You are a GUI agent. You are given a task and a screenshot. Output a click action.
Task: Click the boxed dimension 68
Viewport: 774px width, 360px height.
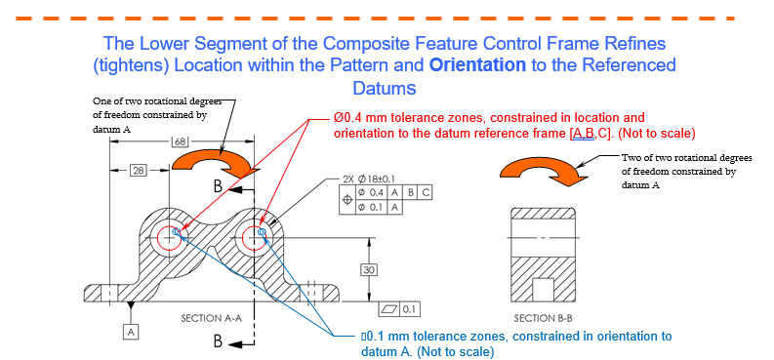[x=180, y=142]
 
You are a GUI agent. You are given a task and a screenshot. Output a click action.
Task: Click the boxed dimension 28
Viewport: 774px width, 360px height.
[x=139, y=171]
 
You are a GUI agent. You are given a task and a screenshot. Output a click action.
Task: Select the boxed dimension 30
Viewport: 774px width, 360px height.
[x=369, y=269]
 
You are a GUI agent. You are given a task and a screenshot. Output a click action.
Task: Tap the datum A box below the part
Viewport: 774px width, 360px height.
[x=131, y=333]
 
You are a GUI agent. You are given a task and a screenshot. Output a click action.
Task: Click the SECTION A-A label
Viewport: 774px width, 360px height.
[x=211, y=319]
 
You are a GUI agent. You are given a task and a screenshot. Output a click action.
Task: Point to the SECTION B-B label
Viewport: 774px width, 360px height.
[x=543, y=318]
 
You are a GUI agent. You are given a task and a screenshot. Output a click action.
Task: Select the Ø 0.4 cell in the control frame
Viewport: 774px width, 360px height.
[x=373, y=193]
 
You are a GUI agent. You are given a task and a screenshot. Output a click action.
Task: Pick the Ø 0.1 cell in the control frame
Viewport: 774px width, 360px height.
[x=373, y=207]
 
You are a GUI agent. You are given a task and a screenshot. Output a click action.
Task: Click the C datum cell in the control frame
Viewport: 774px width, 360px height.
[x=425, y=193]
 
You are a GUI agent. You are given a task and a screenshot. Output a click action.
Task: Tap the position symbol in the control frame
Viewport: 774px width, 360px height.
[x=348, y=200]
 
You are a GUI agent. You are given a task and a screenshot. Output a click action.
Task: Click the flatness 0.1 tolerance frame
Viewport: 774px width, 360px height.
[x=399, y=309]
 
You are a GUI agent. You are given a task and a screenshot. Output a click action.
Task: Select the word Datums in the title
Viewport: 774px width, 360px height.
[x=384, y=88]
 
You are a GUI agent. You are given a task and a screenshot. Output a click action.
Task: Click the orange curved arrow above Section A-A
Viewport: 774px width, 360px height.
[x=217, y=164]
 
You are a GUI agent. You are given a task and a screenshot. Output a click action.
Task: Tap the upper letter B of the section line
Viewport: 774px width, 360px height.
[x=219, y=187]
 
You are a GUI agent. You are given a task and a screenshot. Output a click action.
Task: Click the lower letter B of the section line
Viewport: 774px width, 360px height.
[x=219, y=341]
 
